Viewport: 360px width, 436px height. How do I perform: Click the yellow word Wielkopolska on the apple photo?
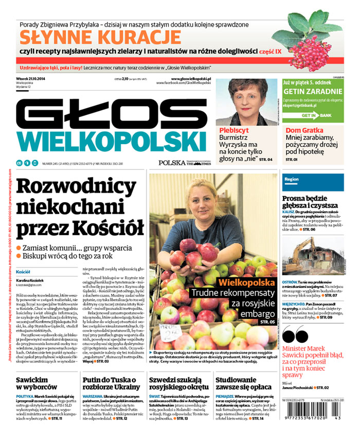point(248,282)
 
